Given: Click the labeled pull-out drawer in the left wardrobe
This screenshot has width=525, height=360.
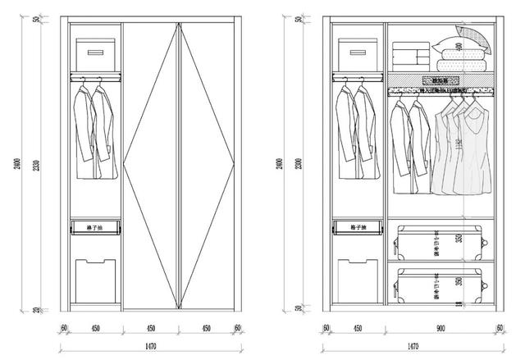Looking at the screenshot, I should [96, 226].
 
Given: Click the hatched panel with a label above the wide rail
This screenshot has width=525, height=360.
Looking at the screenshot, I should [438, 80].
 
